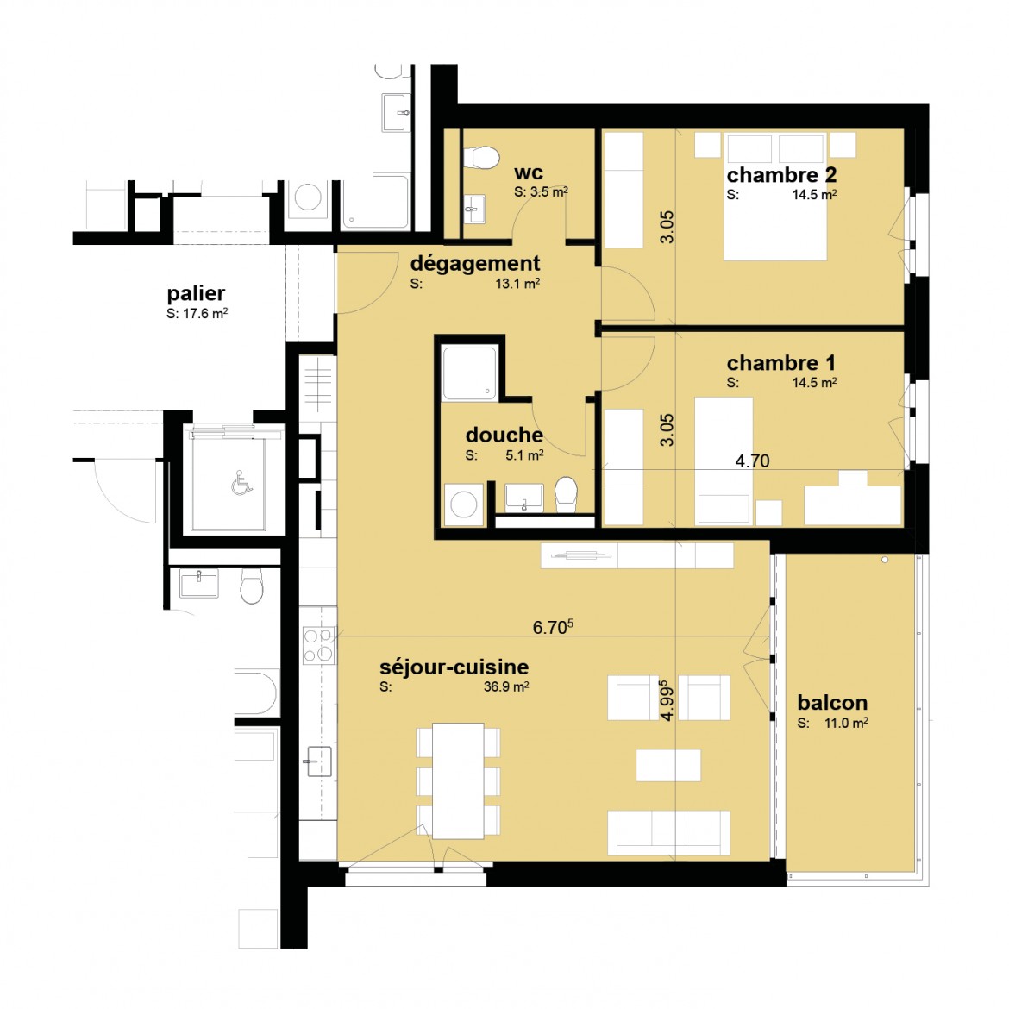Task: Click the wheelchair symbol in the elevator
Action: pos(241,483)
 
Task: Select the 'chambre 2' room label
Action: pos(781,175)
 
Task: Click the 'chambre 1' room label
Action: pos(781,363)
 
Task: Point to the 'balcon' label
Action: pos(832,702)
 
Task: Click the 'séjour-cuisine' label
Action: pos(454,667)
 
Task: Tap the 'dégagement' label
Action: pos(475,265)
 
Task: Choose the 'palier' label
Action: pos(196,294)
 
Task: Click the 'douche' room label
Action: pos(504,435)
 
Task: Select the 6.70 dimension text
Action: pos(553,627)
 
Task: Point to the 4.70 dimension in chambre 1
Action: pos(752,461)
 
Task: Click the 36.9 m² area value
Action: pos(506,686)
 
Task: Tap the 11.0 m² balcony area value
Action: pos(846,723)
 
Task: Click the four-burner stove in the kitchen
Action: pos(319,645)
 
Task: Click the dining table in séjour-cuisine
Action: pos(458,781)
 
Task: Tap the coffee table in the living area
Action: pos(668,765)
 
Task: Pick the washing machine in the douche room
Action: pos(464,504)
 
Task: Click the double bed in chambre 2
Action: pos(775,197)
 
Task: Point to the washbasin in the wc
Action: pos(475,210)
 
